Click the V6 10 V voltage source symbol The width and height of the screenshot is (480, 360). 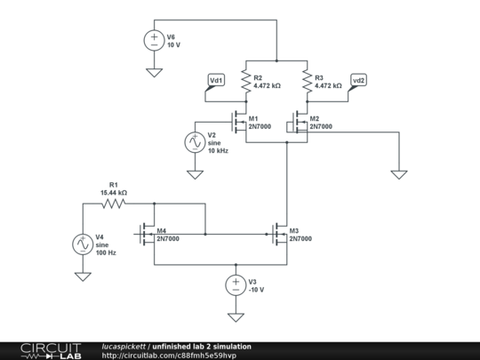click(x=154, y=40)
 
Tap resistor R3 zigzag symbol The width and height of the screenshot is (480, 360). click(x=307, y=81)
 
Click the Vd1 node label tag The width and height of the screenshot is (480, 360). click(x=216, y=80)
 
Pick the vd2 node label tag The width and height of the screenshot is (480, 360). click(x=358, y=80)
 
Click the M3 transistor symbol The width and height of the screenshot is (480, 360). click(x=279, y=235)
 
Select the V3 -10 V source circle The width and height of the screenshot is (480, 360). click(x=236, y=285)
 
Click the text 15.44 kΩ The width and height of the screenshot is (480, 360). click(x=113, y=192)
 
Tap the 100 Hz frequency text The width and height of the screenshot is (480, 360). click(x=106, y=252)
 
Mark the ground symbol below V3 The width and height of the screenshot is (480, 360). click(x=236, y=316)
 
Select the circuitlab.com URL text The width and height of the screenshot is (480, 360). click(x=169, y=355)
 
